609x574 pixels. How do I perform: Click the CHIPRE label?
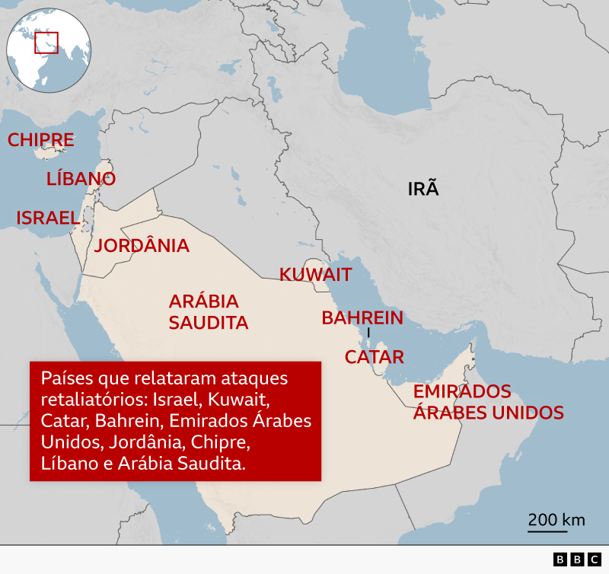click(x=40, y=140)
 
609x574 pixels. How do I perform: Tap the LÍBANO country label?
click(x=81, y=179)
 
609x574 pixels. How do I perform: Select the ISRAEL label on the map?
click(x=48, y=218)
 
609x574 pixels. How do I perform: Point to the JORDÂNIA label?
click(x=142, y=246)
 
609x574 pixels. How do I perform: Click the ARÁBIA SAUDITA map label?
click(x=209, y=311)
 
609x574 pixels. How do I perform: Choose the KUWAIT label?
click(x=315, y=275)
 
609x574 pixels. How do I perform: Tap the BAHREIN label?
click(x=362, y=318)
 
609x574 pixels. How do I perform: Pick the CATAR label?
click(x=374, y=357)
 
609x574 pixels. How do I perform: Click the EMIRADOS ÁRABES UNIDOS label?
click(x=488, y=402)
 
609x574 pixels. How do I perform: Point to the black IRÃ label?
click(x=424, y=189)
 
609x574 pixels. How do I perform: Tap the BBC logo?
click(x=577, y=560)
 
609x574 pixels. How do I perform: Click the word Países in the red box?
click(x=65, y=378)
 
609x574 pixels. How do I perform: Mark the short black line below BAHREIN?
click(x=368, y=333)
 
